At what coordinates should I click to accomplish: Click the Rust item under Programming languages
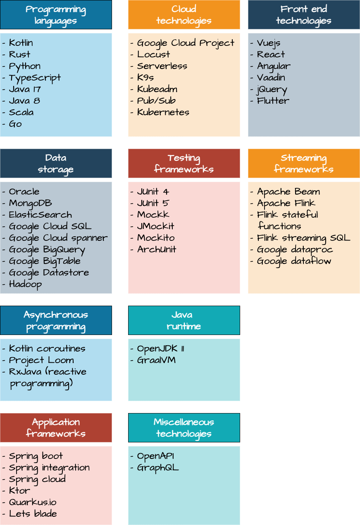(19, 55)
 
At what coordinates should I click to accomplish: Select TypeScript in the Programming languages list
(35, 78)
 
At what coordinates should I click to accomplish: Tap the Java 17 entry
(25, 89)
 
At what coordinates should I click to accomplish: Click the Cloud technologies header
(184, 15)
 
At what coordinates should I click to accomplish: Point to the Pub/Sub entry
(156, 101)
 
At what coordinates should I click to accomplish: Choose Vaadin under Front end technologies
(271, 78)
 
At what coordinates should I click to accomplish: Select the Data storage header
(56, 164)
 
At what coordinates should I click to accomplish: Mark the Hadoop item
(25, 284)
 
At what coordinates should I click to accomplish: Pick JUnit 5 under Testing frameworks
(153, 203)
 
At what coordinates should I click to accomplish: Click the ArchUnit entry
(157, 249)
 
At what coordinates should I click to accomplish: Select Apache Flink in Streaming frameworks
(286, 203)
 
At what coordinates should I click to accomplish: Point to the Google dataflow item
(294, 261)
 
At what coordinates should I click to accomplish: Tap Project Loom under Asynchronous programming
(41, 360)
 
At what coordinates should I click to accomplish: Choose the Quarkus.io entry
(33, 502)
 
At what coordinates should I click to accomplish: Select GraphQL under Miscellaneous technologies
(158, 468)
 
